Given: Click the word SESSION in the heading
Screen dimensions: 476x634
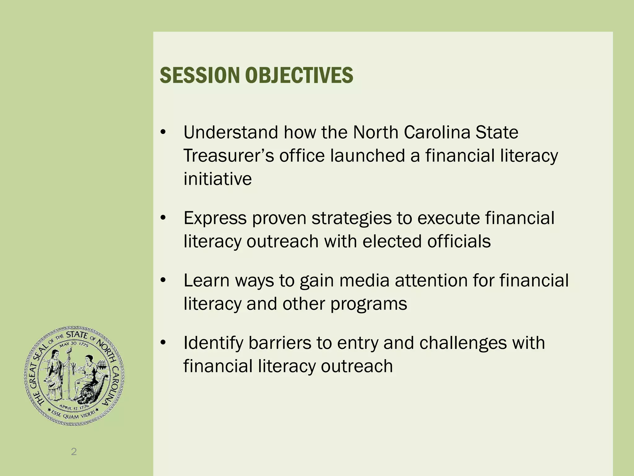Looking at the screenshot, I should pos(199,75).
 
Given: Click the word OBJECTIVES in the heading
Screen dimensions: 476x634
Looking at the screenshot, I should pos(299,75).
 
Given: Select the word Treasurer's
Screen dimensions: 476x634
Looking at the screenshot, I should pos(229,156).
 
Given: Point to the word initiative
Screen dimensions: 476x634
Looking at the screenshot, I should pos(218,179).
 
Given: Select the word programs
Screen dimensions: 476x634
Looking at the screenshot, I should pos(368,304).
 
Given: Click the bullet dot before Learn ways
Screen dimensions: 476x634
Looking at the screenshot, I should pos(163,281).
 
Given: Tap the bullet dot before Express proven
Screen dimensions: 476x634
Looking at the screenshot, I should pos(163,218).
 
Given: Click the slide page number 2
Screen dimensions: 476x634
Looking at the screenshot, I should pos(74,452).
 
